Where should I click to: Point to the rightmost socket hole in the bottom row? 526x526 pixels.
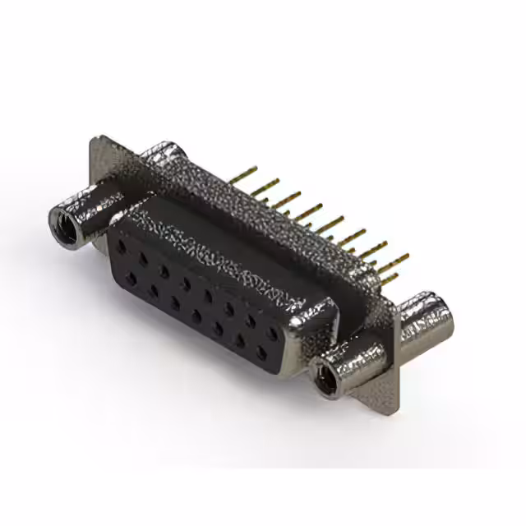coord(261,354)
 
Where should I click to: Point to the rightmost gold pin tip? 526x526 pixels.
coord(404,256)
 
